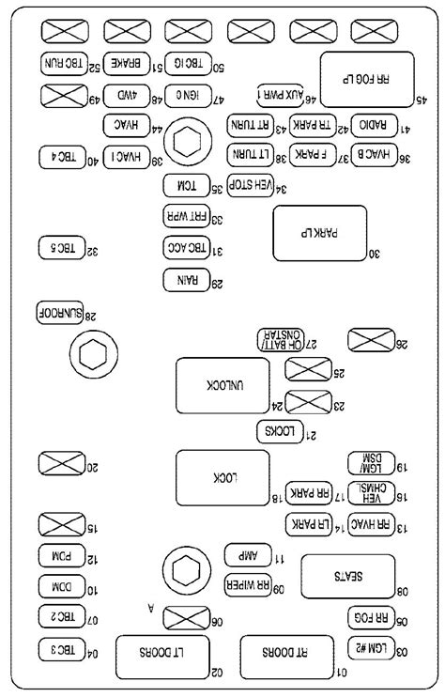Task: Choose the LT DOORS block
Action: [x=153, y=656]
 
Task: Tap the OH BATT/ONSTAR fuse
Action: [x=284, y=340]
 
